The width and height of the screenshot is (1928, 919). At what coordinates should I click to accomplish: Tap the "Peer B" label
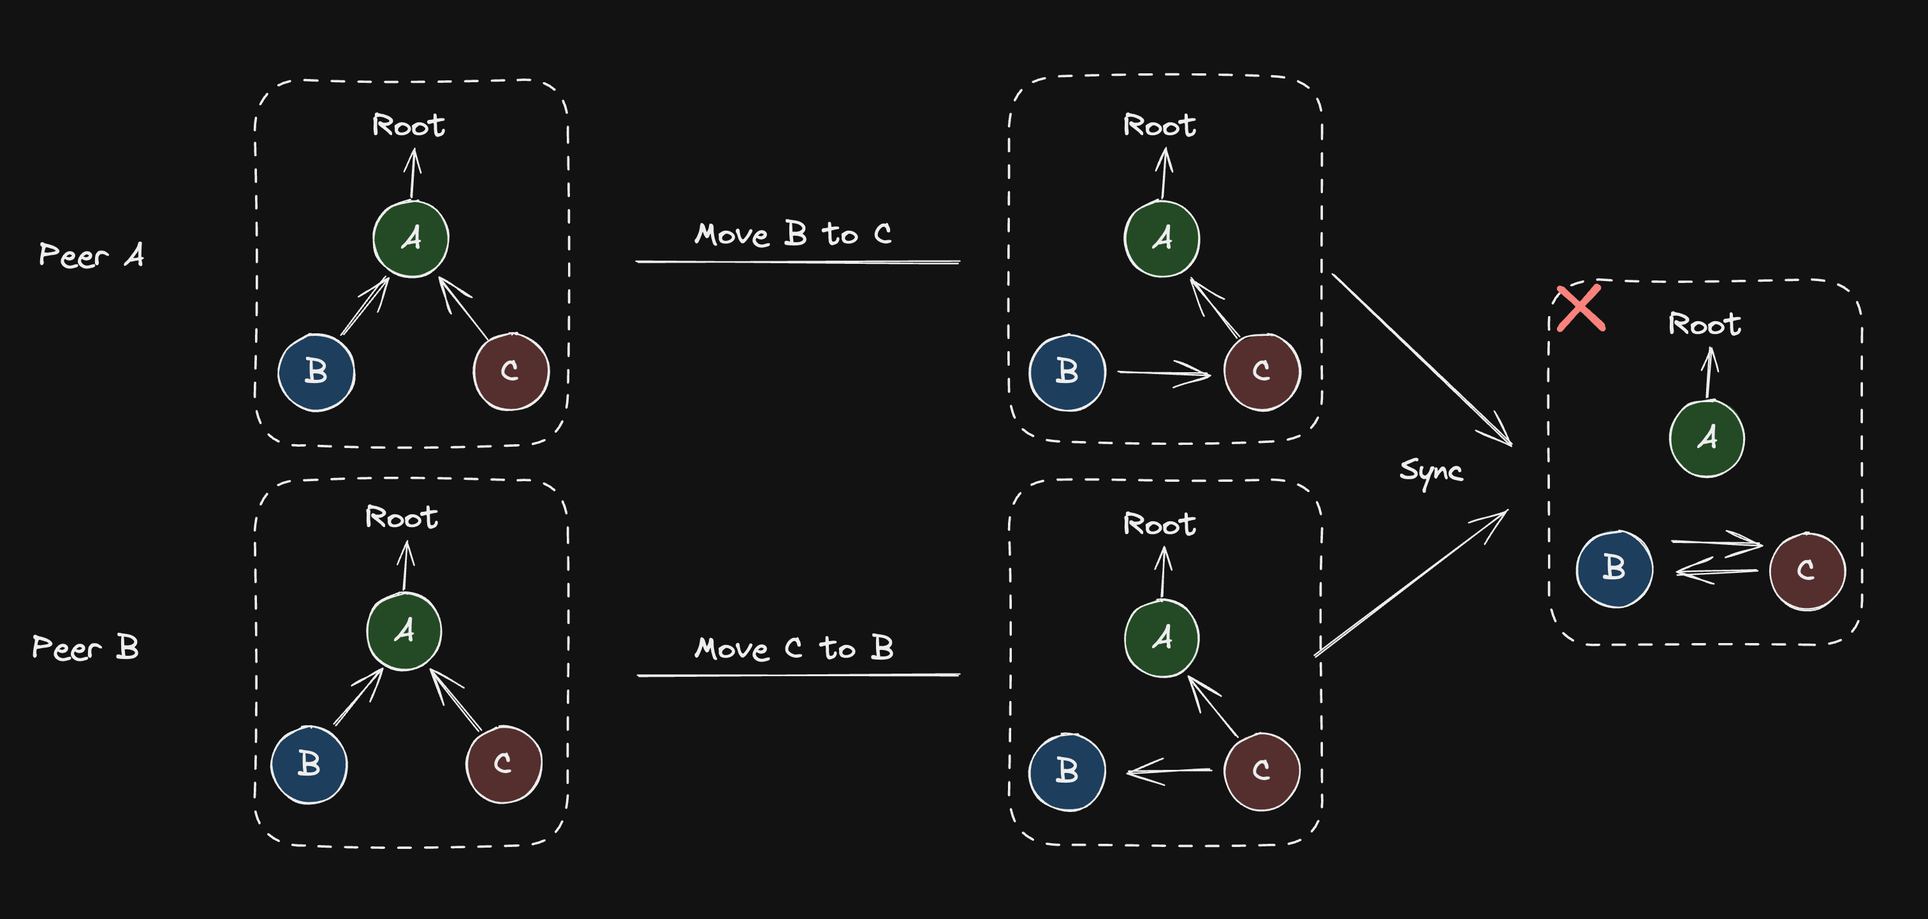[x=85, y=648]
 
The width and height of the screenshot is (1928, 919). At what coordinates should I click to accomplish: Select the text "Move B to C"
[x=792, y=235]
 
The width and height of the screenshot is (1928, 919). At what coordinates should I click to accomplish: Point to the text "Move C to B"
[x=793, y=648]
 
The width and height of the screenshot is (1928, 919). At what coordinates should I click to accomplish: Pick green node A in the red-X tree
[x=1707, y=438]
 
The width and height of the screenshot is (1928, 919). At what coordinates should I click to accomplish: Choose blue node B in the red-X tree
[x=1614, y=568]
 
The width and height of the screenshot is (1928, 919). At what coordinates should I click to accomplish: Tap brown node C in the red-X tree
[x=1807, y=571]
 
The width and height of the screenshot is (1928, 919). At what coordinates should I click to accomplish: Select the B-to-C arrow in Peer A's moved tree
[x=1164, y=373]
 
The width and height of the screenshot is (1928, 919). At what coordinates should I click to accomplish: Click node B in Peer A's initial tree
[x=316, y=372]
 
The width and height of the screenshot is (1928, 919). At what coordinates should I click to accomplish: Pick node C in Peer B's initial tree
[x=503, y=764]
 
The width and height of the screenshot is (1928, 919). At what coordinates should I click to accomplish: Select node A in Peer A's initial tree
[x=411, y=239]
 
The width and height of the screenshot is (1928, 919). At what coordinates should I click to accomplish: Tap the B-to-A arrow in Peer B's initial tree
[x=358, y=697]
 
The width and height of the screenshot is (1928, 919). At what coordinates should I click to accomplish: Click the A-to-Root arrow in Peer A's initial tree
[x=413, y=173]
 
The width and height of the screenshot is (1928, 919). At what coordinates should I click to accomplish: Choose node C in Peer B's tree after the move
[x=1261, y=771]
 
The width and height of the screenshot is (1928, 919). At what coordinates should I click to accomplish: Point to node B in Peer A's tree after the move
[x=1067, y=372]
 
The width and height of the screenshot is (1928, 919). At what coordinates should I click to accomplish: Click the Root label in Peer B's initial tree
[x=401, y=517]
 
